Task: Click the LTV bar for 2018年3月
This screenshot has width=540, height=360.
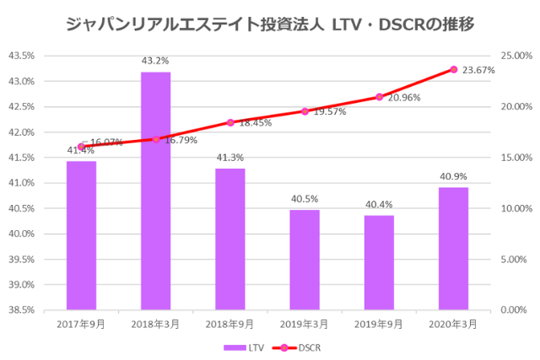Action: click(x=155, y=191)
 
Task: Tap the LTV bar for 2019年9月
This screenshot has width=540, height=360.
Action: click(x=379, y=262)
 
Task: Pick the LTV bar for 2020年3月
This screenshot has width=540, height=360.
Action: click(x=453, y=248)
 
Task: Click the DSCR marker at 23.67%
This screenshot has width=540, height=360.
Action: click(x=453, y=69)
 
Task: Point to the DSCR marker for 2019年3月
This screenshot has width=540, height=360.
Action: click(x=305, y=111)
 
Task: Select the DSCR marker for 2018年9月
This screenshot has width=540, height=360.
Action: click(x=230, y=122)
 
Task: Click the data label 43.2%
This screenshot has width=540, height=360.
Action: click(x=155, y=61)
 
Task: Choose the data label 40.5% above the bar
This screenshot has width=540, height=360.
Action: click(x=305, y=199)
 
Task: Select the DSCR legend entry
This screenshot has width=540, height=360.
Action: click(x=299, y=347)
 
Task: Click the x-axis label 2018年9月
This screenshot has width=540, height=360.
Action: click(x=230, y=323)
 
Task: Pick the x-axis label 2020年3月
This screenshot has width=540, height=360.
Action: click(x=453, y=323)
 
